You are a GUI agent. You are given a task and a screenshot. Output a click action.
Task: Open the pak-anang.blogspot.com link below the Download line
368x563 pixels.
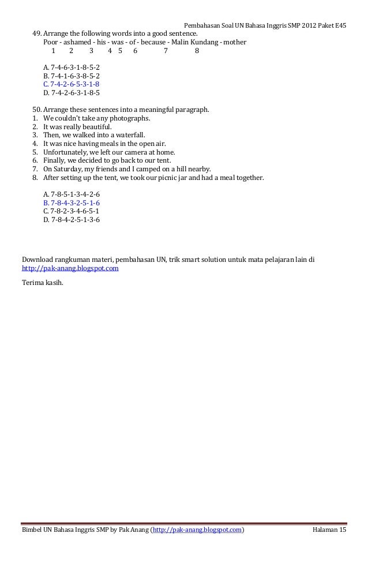[70, 268]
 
